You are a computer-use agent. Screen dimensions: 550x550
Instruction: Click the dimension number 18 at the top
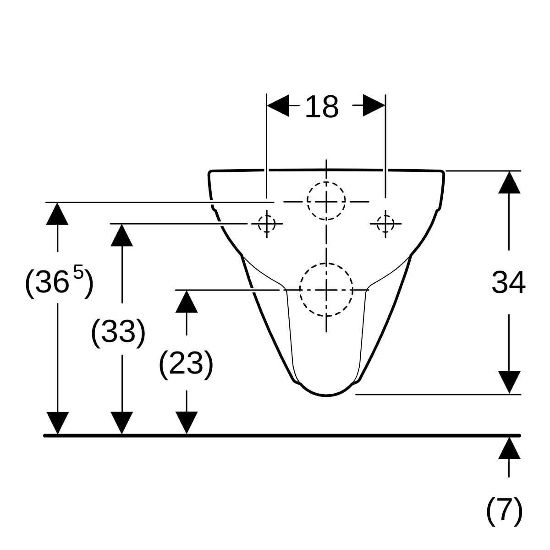pos(322,107)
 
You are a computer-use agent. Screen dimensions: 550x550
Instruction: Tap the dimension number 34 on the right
pos(508,282)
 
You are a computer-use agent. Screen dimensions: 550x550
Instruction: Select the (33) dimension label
pos(118,332)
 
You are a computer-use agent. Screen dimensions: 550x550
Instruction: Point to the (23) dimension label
pos(186,363)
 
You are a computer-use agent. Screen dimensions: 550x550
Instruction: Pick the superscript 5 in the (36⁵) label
pos(78,272)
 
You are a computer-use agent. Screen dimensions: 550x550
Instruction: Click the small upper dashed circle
pos(326,201)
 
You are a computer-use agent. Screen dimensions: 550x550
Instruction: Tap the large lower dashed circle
pos(326,290)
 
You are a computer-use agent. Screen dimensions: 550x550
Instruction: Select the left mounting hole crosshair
pos(267,224)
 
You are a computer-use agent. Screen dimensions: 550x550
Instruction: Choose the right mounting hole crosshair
pos(385,224)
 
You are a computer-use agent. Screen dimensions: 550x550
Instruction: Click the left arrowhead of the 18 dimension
pos(278,105)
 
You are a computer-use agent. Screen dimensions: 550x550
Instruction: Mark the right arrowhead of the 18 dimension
pos(374,105)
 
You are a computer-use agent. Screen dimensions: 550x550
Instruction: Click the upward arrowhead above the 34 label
pos(509,182)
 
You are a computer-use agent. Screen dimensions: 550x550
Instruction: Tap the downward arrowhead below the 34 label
pos(509,382)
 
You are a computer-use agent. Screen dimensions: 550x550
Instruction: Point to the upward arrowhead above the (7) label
pos(509,448)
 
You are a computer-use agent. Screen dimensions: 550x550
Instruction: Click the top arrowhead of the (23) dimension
pos(187,302)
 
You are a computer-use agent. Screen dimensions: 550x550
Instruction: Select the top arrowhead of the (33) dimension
pos(122,235)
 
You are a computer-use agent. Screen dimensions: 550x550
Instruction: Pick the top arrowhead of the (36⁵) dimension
pos(57,214)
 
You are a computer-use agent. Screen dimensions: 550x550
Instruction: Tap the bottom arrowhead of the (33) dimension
pos(122,423)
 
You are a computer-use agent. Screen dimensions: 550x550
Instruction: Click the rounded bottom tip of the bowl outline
pos(326,396)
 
